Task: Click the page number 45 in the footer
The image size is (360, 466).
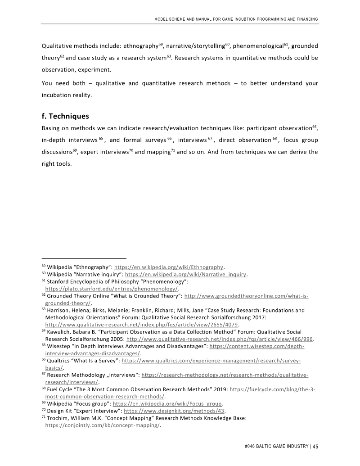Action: tap(315, 446)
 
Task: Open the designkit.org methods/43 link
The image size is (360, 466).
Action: tap(174, 411)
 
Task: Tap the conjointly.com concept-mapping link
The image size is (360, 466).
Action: tap(103, 425)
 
